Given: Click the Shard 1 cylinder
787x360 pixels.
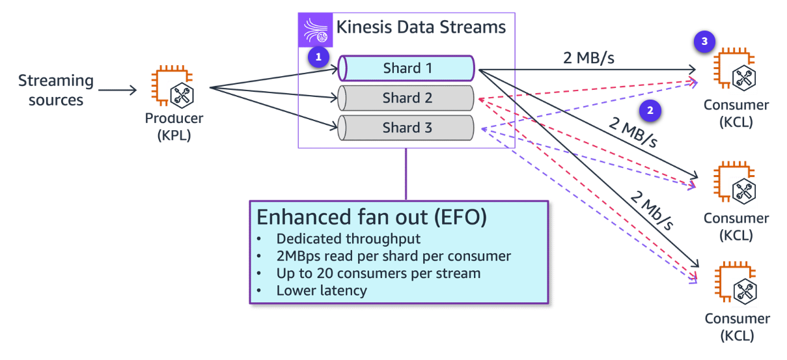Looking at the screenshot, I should click(407, 68).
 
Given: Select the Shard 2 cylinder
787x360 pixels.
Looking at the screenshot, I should click(407, 98).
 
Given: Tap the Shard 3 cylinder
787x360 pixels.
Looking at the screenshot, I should click(407, 128).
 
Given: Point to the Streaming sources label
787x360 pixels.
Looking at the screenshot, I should click(56, 90).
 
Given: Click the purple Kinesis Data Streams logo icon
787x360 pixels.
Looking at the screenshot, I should click(314, 29).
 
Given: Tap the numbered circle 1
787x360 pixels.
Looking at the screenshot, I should click(318, 57).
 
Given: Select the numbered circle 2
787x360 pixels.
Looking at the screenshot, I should click(650, 110).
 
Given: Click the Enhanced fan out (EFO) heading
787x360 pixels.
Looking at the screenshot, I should click(372, 217).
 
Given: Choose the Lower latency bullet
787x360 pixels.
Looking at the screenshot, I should click(322, 290).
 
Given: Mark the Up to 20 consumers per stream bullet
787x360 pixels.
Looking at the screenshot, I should click(378, 273).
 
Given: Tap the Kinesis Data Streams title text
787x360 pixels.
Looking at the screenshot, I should click(421, 27).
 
